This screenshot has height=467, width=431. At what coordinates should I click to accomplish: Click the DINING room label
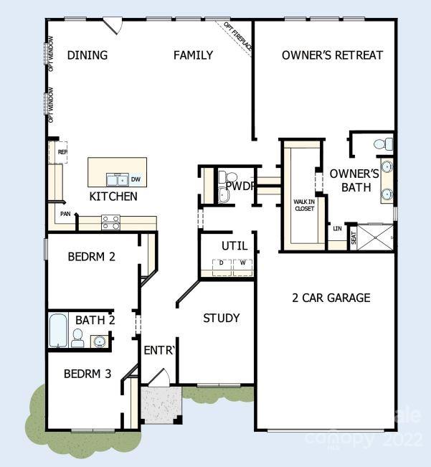[87, 55]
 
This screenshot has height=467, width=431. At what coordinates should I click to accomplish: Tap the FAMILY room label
[193, 55]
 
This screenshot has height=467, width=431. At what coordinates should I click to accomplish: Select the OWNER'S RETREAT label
[332, 55]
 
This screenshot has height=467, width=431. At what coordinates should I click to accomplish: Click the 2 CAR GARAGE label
[331, 298]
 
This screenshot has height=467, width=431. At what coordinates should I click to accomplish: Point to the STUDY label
[221, 318]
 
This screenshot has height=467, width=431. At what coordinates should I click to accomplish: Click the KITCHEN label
[113, 196]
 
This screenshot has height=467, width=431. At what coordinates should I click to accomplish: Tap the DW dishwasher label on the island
[136, 179]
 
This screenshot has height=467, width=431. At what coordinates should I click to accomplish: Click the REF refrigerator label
[62, 152]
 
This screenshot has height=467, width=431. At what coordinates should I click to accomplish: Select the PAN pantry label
[65, 214]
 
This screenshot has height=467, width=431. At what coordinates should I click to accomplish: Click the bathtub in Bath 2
[58, 331]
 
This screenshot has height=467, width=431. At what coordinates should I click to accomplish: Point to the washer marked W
[242, 263]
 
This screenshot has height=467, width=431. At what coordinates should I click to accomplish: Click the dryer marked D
[222, 263]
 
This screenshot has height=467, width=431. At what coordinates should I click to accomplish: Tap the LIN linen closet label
[337, 229]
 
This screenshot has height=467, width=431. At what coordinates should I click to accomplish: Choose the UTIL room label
[234, 246]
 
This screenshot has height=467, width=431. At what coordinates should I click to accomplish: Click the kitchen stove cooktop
[110, 222]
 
